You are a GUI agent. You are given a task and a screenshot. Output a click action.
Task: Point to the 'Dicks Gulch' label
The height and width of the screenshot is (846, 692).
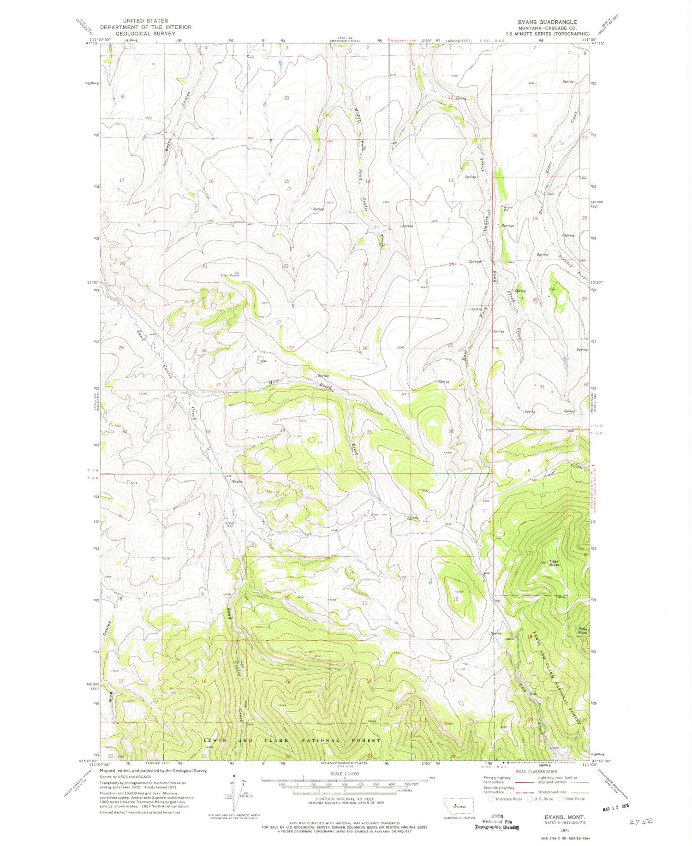point(583,630)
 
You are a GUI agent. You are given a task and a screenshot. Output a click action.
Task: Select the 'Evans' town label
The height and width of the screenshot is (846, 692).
point(237,482)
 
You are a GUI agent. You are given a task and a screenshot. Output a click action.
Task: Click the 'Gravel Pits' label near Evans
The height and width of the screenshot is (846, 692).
point(229,524)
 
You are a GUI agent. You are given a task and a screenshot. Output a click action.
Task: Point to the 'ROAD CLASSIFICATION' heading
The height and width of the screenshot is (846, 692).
point(536,771)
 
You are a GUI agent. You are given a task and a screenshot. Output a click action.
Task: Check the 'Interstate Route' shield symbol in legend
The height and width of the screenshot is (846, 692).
point(491,798)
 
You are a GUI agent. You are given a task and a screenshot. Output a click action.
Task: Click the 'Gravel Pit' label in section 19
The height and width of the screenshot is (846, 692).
point(507,208)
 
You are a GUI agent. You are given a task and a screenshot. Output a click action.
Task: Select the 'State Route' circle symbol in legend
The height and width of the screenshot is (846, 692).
point(561,798)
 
